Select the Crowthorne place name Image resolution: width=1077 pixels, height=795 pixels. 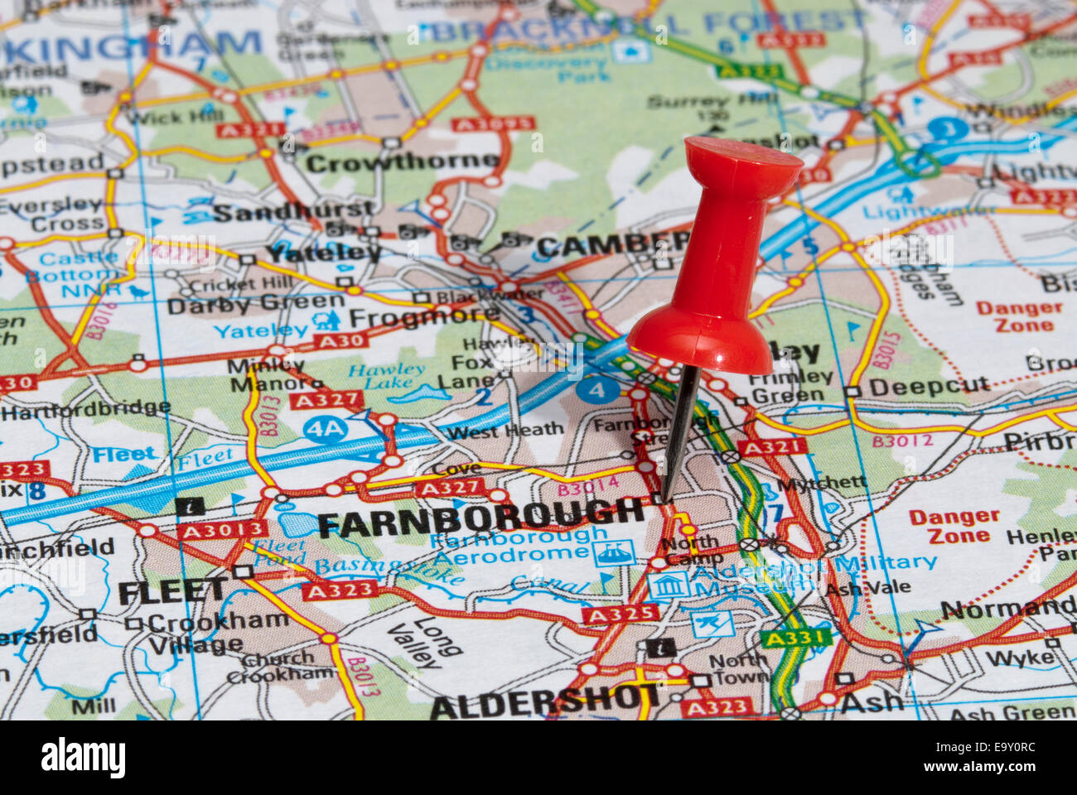pos(402,161)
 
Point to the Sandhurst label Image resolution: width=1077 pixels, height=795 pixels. pos(293,211)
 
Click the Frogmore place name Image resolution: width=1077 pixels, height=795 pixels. pos(423,316)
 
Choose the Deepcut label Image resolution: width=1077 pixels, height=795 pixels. pos(929,386)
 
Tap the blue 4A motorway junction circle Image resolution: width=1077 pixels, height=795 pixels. pos(325,428)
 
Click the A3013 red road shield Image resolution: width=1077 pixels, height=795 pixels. pos(222,530)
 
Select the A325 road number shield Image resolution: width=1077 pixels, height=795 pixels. pos(620,614)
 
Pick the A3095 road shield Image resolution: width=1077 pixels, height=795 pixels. pos(493,124)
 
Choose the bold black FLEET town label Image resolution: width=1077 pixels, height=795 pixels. pos(171,590)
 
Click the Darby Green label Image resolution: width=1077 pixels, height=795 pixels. pos(255,304)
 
